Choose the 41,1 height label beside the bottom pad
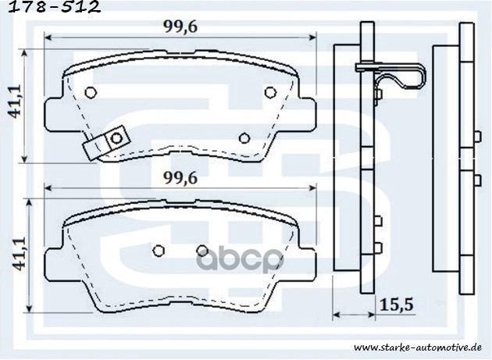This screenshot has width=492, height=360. click(x=13, y=254)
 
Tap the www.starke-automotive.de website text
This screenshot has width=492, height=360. click(x=422, y=346)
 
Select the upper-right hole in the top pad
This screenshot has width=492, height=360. click(x=270, y=93)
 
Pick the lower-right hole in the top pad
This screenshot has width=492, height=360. click(x=244, y=137)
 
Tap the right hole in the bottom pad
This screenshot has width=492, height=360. click(x=201, y=250)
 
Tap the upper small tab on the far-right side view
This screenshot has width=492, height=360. click(x=476, y=136)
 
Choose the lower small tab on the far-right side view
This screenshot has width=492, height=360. click(x=476, y=181)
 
